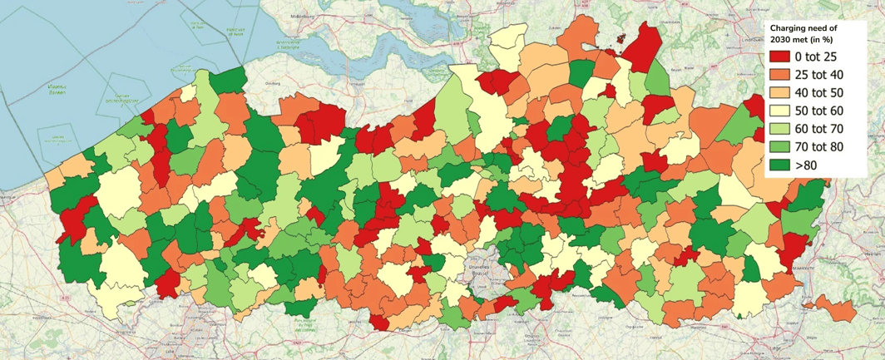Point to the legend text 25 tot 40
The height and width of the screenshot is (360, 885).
[x=818, y=76]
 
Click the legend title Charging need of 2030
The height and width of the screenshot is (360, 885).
[x=803, y=32]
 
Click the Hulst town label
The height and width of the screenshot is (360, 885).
[x=408, y=101]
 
